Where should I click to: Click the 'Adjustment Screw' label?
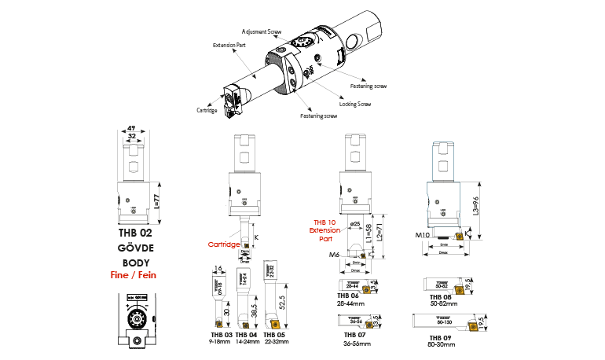coord(263,33)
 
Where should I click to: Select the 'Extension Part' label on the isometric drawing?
coord(229,45)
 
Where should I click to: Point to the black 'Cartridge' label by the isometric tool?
coord(207,110)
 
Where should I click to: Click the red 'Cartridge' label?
coord(223,244)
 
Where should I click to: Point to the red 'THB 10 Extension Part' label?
coord(325,230)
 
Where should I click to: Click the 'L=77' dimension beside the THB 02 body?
coord(156,202)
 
